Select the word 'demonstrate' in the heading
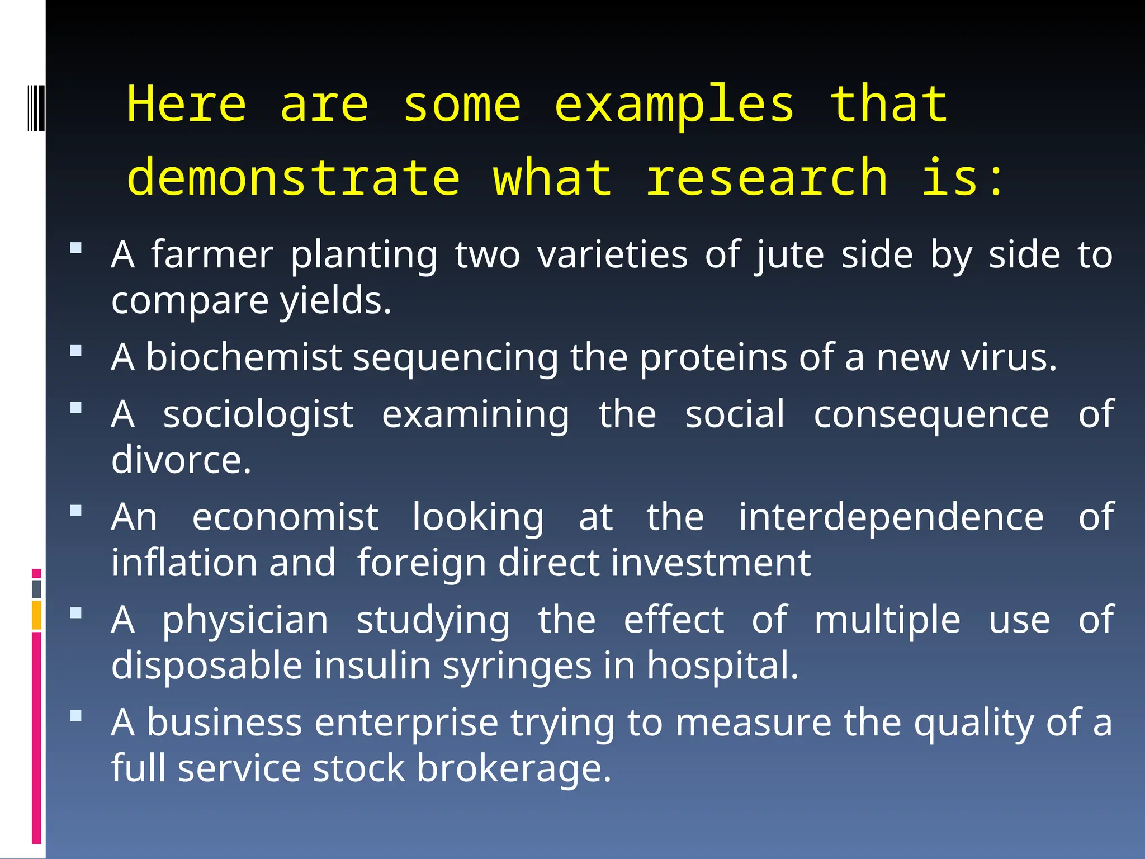294,178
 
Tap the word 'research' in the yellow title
767,178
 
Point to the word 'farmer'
212,255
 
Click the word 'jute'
790,255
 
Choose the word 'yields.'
335,301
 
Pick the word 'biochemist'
244,357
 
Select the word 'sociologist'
258,415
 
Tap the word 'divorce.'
181,460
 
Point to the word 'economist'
285,517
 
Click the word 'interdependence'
891,517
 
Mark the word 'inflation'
184,563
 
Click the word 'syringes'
517,666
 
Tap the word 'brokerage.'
514,768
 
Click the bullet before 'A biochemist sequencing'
76,351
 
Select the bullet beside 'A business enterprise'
76,715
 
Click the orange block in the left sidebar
36,615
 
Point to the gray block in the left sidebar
36,589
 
